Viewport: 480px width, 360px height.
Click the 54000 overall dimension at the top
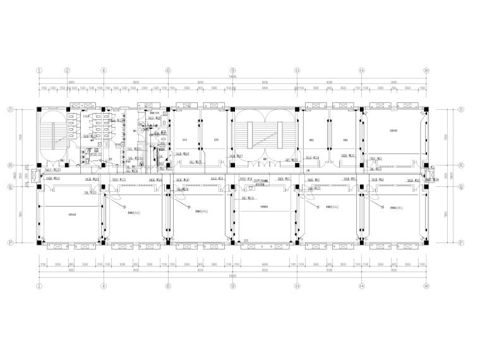[232, 76]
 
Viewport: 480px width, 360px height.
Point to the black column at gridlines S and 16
[426, 110]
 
